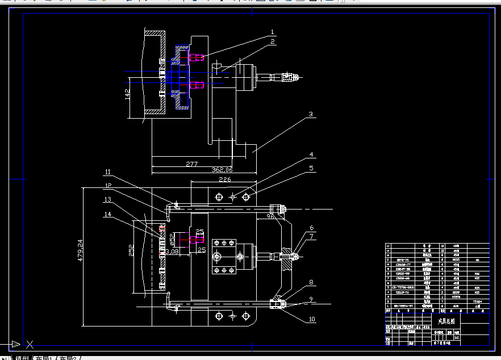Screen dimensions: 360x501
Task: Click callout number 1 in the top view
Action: tap(272, 32)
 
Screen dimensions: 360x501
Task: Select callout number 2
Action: tap(272, 41)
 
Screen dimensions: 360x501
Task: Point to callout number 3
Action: tap(311, 114)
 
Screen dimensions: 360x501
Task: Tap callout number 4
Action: tap(311, 154)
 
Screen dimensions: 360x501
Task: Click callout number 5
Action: tap(311, 168)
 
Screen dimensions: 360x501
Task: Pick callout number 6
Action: tap(311, 228)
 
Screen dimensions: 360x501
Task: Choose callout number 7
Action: tap(311, 236)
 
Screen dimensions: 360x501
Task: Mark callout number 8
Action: tap(311, 282)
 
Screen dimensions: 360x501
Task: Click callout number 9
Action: tap(311, 299)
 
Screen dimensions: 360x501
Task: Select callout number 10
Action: tap(311, 319)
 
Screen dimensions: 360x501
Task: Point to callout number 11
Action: tap(108, 171)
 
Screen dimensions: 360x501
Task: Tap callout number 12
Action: tap(108, 186)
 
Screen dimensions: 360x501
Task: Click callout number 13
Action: tap(108, 199)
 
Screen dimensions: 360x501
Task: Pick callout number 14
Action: tap(108, 214)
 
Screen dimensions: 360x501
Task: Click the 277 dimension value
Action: tap(191, 164)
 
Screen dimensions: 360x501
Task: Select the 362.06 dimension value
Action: tap(222, 170)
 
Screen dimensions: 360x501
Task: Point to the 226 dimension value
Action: tap(225, 179)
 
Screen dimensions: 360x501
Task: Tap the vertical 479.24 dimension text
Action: tap(80, 250)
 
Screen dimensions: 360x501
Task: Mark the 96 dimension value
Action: tap(270, 216)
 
